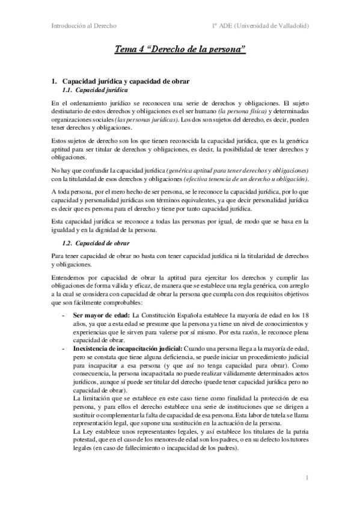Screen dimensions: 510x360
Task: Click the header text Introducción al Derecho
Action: [x=84, y=25]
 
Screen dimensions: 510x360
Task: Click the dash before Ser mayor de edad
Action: [x=64, y=315]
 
